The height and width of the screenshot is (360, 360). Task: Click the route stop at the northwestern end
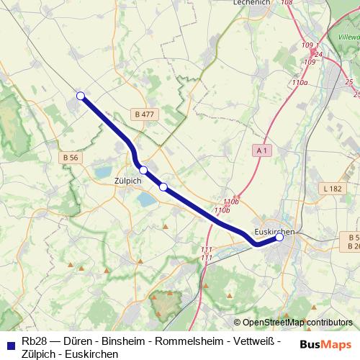[81, 96]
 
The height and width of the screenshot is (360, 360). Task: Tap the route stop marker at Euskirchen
[279, 237]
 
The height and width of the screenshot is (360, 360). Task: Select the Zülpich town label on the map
[127, 181]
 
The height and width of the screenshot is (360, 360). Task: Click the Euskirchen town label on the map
[275, 231]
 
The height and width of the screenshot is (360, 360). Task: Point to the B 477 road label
[144, 114]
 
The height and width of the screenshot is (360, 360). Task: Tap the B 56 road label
[70, 158]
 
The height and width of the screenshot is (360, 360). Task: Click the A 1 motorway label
[262, 150]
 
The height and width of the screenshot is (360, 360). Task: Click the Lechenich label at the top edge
[251, 3]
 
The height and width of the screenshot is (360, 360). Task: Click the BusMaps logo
[325, 343]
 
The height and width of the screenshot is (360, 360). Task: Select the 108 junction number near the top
[287, 3]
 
